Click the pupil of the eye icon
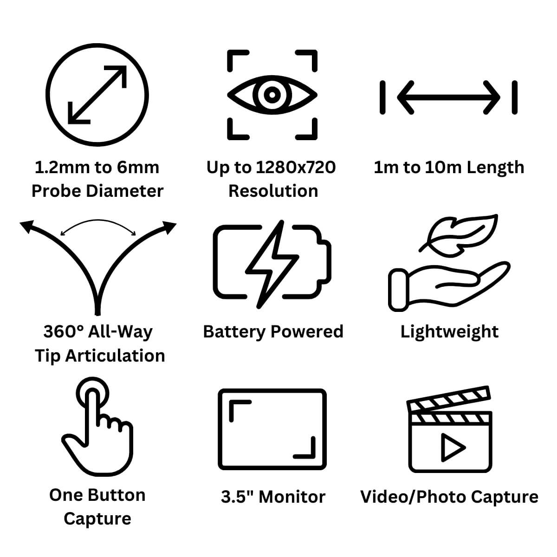coord(272,95)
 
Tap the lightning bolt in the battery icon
coord(272,265)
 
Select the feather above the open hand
coord(459,236)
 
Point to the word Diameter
coord(125,191)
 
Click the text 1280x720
coord(296,167)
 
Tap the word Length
coord(495,167)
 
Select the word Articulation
coord(115,356)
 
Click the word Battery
coord(234,331)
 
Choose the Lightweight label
coord(449,331)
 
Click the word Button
coord(117,495)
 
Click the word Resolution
coord(273,191)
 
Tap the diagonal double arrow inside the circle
coord(97,95)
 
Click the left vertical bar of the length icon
coord(382,97)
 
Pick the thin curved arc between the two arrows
coord(97,221)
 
